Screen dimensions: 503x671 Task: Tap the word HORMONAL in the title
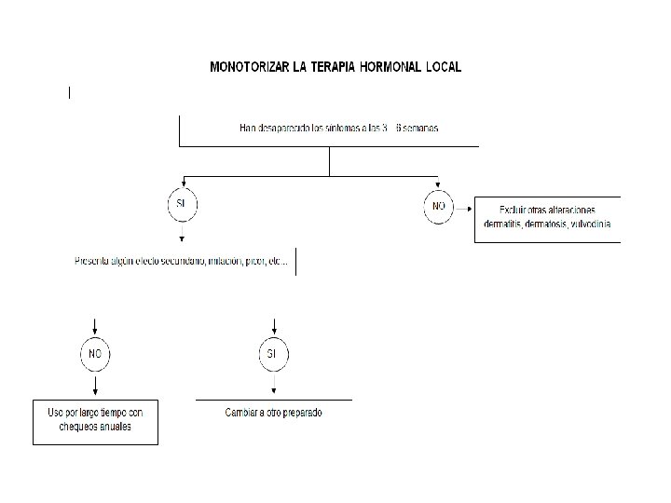point(384,67)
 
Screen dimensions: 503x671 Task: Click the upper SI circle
point(182,203)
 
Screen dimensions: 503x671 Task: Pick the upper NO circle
point(438,203)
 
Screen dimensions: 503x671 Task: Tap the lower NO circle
point(95,354)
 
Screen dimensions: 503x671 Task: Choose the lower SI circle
point(273,354)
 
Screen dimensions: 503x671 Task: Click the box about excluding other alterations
point(547,217)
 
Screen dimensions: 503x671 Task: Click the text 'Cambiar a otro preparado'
point(274,412)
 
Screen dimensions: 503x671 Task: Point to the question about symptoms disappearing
point(338,128)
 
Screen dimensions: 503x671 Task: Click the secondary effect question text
point(182,262)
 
